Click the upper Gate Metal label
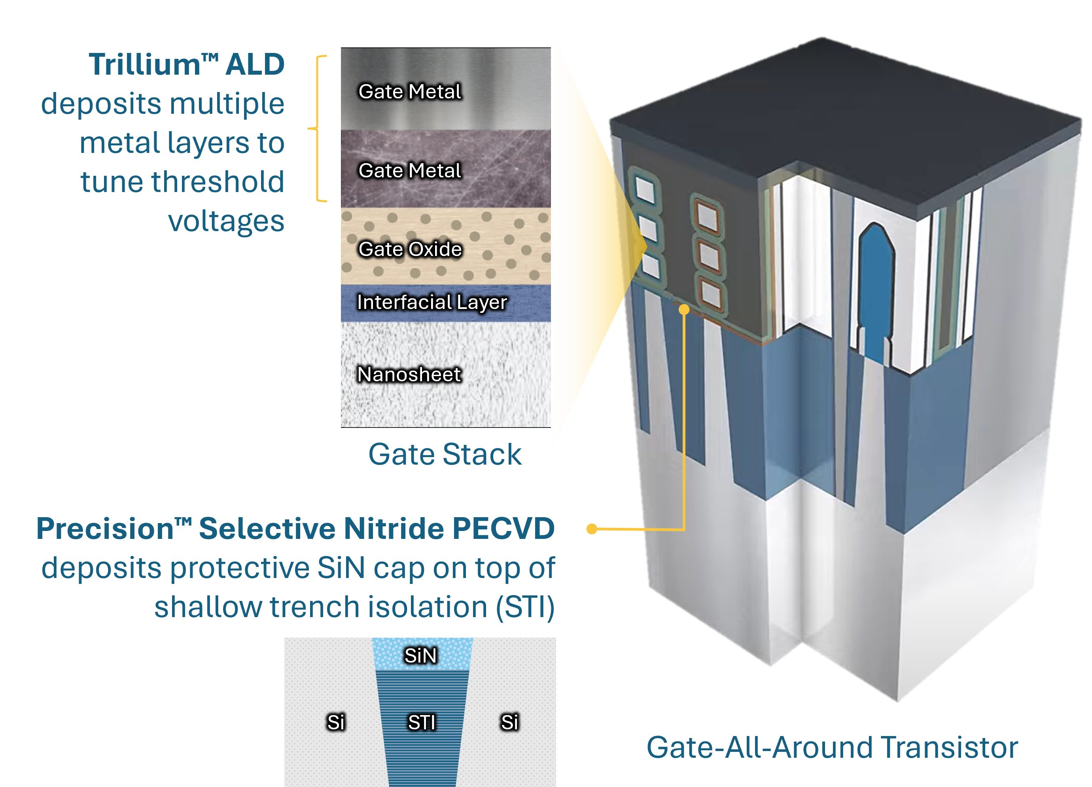click(x=410, y=91)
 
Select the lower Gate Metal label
click(x=410, y=170)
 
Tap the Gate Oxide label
click(x=410, y=249)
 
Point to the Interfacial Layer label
click(x=432, y=302)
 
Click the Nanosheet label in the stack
click(x=409, y=374)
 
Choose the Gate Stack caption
click(x=445, y=454)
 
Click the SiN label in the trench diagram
click(x=420, y=655)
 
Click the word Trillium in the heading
click(x=144, y=64)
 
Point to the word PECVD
click(x=503, y=529)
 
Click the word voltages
click(x=226, y=221)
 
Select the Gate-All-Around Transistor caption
click(x=832, y=747)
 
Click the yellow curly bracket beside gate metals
click(x=318, y=128)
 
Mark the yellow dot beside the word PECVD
click(x=592, y=529)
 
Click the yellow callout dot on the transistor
click(x=684, y=310)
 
